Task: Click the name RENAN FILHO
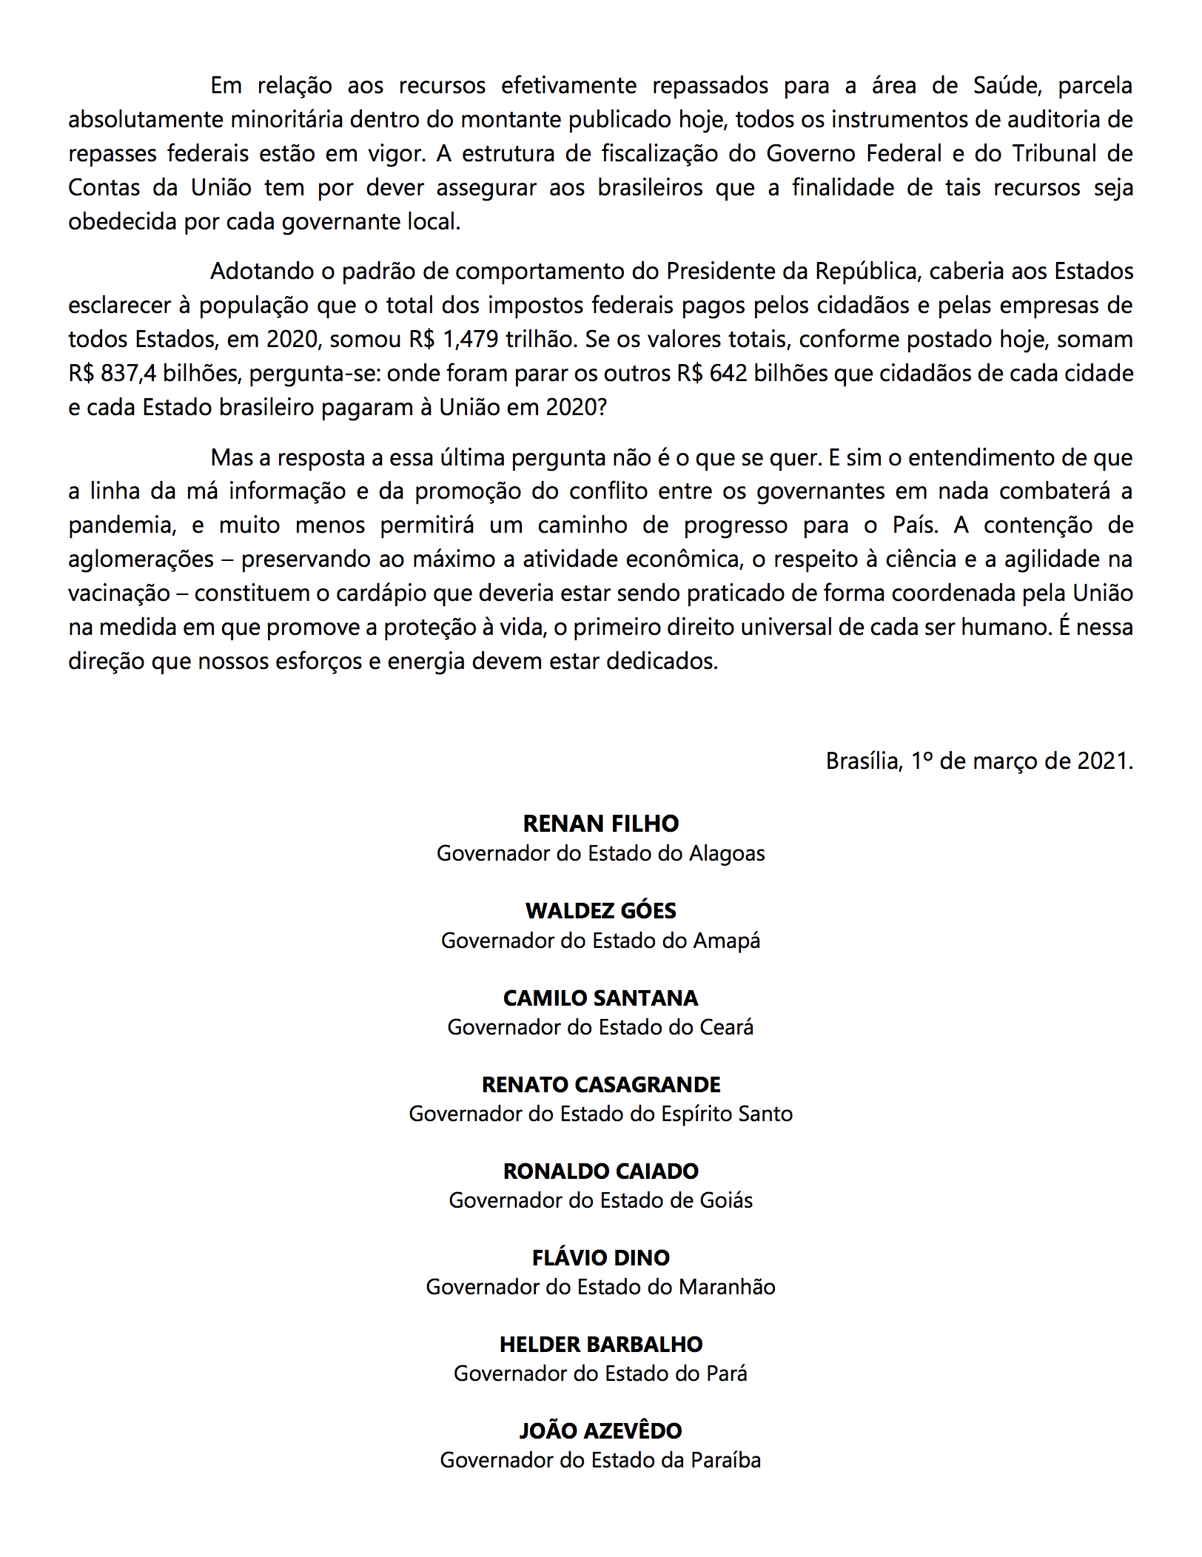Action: [x=600, y=824]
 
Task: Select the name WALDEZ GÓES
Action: [x=600, y=910]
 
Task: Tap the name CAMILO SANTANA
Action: [x=600, y=998]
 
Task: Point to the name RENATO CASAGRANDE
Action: [x=600, y=1084]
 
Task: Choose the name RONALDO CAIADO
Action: [x=600, y=1171]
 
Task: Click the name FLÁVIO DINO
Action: [x=600, y=1257]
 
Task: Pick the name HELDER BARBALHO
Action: [x=600, y=1344]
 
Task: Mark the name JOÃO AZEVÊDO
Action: [x=600, y=1430]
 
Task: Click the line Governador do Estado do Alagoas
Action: [x=600, y=853]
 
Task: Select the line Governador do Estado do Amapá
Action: [x=600, y=941]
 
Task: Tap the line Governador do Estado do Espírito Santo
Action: [x=600, y=1114]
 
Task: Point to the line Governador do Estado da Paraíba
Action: [x=600, y=1460]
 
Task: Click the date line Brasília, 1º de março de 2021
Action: [x=978, y=761]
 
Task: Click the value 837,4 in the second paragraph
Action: [x=128, y=374]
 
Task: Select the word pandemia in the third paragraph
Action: [x=122, y=525]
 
